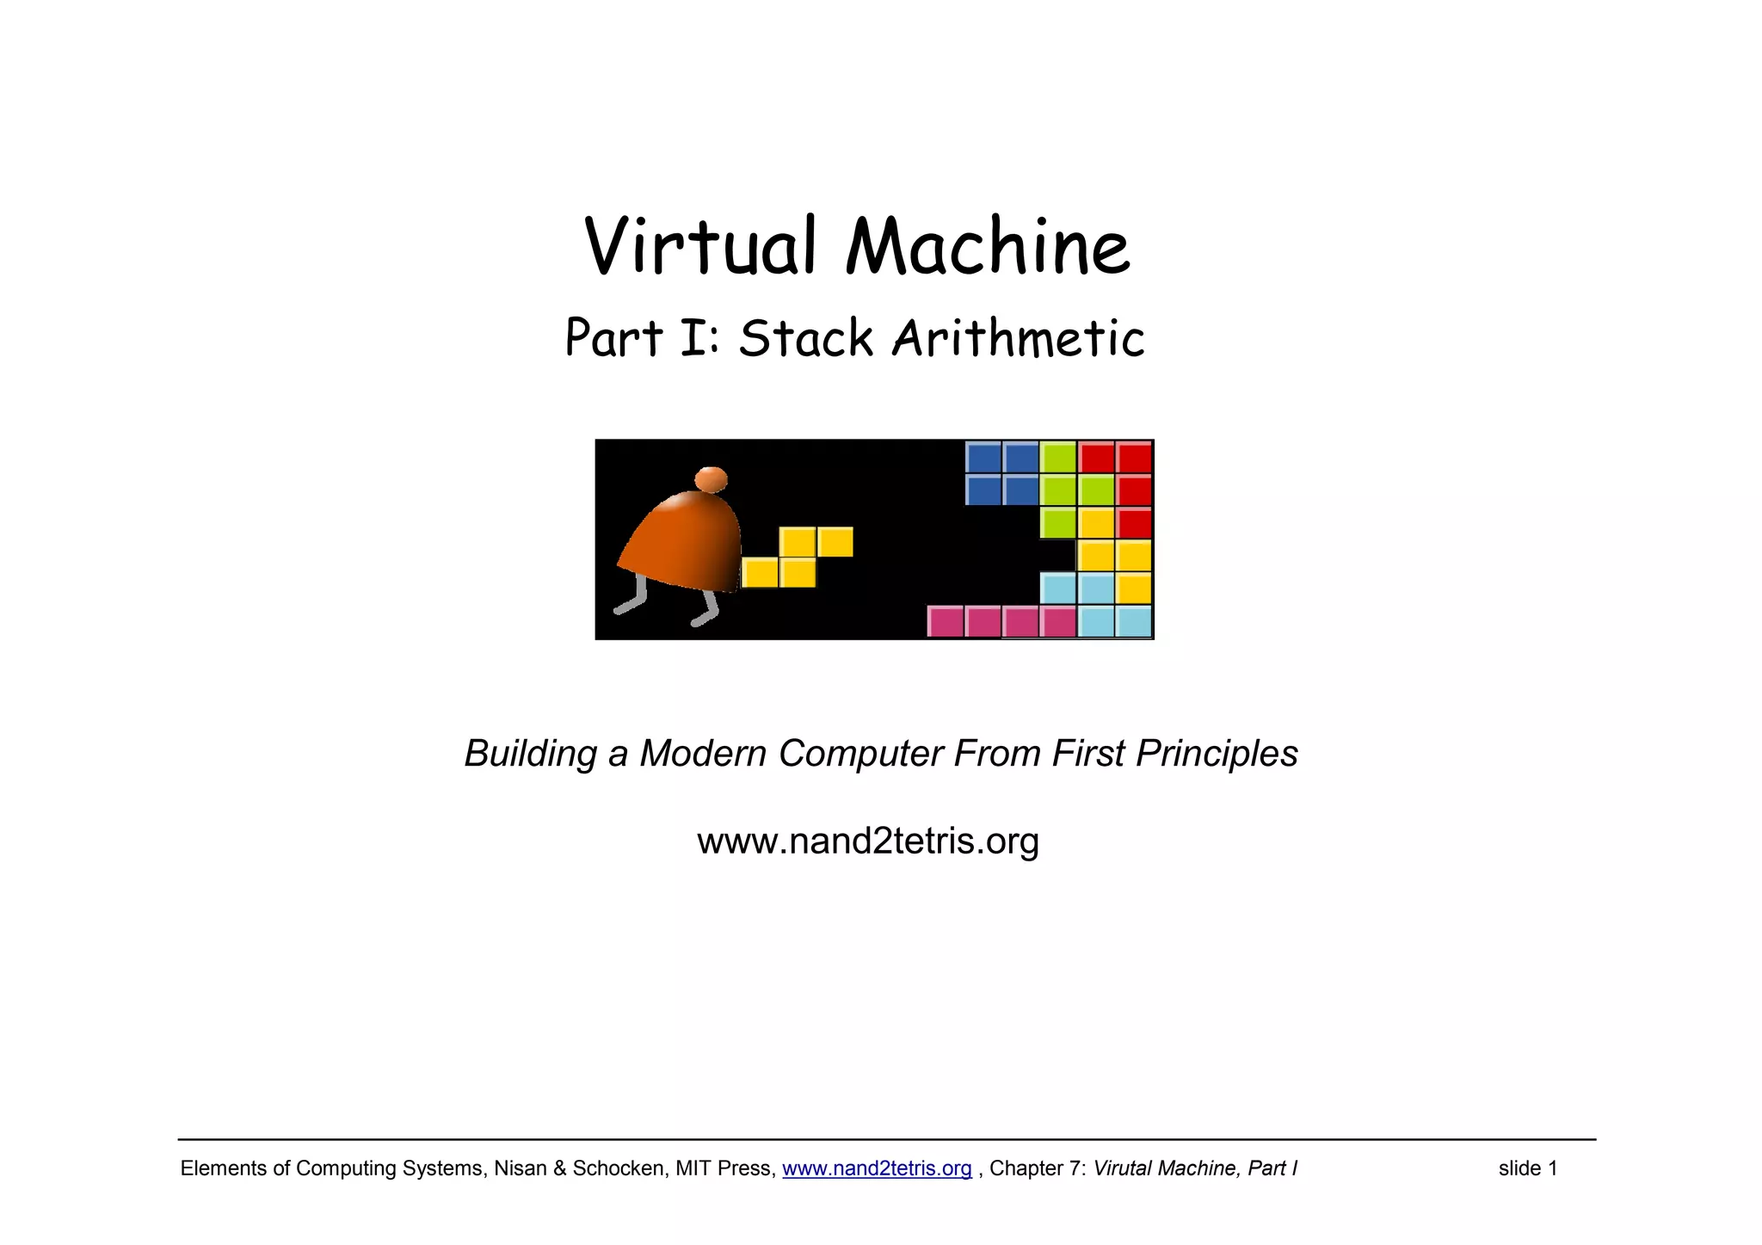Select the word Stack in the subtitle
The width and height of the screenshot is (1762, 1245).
point(805,338)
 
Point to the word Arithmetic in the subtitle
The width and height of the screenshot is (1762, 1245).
point(1018,338)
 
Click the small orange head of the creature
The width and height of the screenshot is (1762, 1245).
point(711,479)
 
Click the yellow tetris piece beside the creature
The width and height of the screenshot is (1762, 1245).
point(798,558)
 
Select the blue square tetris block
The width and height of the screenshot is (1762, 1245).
point(1001,473)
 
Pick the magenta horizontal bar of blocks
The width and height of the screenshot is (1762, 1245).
point(1001,620)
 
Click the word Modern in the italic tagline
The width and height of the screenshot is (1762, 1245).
point(702,754)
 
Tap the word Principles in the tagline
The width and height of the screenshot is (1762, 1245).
point(1217,754)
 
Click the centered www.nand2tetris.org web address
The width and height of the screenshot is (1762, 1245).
point(868,841)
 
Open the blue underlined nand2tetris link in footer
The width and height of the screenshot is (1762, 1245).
point(877,1168)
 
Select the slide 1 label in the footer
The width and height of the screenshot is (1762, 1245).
point(1528,1168)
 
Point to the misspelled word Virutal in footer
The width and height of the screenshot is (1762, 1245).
point(1122,1168)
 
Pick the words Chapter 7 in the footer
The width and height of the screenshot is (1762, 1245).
point(1037,1168)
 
